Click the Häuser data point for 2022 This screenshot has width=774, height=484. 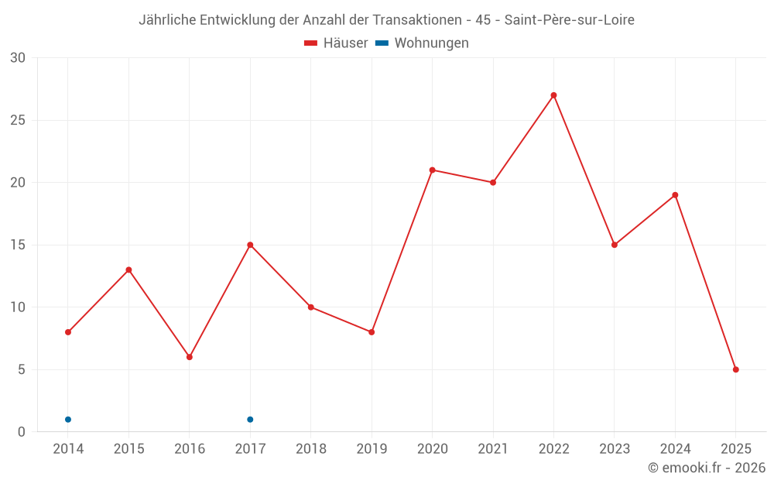tap(553, 95)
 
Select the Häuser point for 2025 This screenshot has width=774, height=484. tap(736, 369)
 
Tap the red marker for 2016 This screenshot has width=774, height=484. tap(190, 357)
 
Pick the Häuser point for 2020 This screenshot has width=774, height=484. tap(432, 170)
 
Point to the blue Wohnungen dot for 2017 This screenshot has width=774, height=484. tap(250, 420)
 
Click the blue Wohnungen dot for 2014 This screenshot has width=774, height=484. tap(68, 420)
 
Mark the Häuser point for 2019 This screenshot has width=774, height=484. tap(372, 332)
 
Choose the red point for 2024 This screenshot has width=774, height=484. tap(675, 195)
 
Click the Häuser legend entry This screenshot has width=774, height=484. tap(336, 43)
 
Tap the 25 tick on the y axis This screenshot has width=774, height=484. tap(18, 121)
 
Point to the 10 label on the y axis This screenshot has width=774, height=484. tap(18, 307)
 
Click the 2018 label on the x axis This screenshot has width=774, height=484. tap(310, 449)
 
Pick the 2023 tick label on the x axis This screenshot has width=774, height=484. tap(615, 449)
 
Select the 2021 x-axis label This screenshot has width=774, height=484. tap(493, 449)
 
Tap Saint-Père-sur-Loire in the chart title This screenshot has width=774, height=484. tap(569, 20)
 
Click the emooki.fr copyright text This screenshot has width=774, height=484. tap(707, 468)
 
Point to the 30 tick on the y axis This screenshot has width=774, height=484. tap(18, 58)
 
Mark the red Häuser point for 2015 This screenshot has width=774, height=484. tap(128, 269)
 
